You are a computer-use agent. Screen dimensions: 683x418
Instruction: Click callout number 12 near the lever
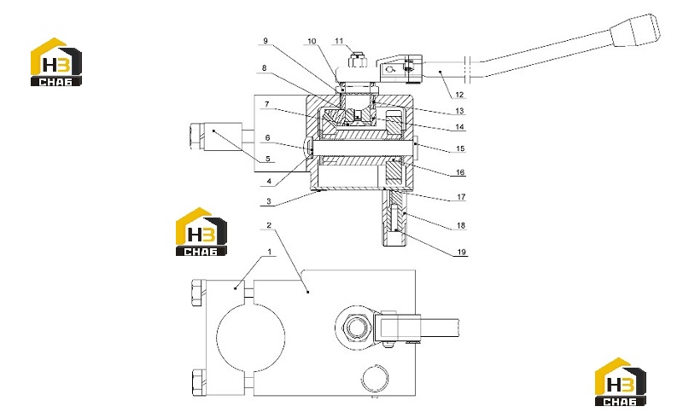459,95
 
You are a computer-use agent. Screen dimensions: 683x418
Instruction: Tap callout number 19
461,252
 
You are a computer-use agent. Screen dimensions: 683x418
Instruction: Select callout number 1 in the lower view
270,252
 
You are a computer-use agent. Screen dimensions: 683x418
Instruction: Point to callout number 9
266,41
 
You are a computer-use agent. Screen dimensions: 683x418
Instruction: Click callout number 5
268,159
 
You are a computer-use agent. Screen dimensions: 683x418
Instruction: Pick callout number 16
460,172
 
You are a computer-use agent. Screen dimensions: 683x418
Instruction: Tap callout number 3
269,201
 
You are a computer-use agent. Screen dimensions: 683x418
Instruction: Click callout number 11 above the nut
339,41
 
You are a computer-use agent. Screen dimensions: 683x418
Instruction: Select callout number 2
269,225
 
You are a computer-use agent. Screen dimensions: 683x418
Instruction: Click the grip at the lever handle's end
635,30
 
